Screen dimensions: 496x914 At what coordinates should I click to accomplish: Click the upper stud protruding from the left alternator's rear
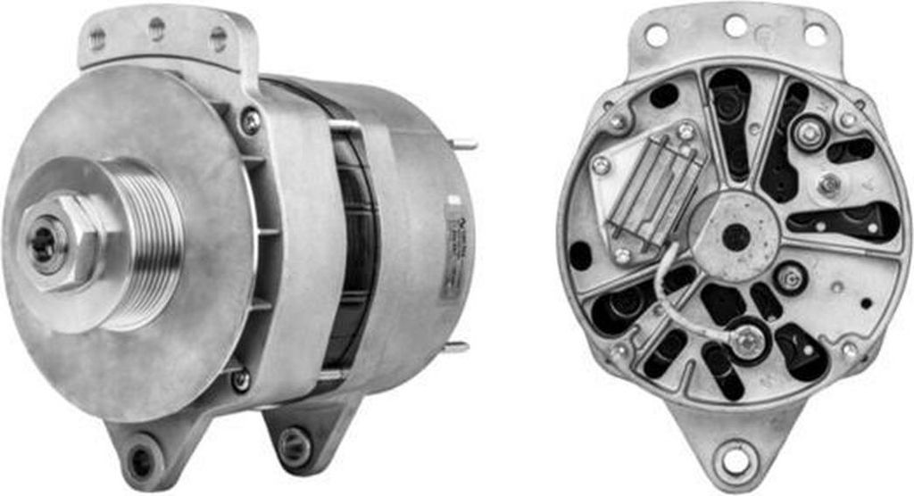tap(465, 145)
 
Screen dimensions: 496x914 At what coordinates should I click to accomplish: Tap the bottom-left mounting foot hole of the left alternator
tap(141, 460)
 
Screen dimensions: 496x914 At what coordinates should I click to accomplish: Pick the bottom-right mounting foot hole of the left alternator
tap(293, 440)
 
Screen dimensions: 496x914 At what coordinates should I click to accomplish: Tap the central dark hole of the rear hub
tap(735, 237)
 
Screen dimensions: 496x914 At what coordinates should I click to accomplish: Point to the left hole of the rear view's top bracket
tap(656, 36)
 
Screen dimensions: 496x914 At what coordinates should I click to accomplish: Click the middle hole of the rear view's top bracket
tap(735, 26)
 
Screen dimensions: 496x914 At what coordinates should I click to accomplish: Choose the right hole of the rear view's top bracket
tap(814, 35)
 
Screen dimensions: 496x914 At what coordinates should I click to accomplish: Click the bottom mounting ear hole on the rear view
tap(735, 459)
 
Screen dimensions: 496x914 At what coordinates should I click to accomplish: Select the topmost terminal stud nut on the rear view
tap(810, 135)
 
